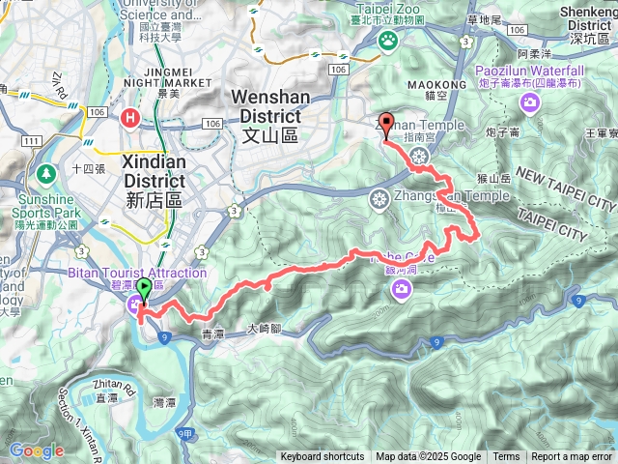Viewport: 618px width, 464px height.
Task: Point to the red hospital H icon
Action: [129, 117]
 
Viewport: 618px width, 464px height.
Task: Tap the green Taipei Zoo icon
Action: [388, 41]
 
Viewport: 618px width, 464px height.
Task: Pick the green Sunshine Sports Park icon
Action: [44, 174]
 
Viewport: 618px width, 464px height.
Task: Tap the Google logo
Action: [36, 450]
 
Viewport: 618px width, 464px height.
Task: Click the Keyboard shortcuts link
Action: [324, 457]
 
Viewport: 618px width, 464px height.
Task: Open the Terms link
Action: [506, 457]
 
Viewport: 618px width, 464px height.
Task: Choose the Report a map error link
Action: [572, 457]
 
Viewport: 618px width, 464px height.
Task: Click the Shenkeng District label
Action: [586, 25]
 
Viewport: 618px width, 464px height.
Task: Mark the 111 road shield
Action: [31, 141]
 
